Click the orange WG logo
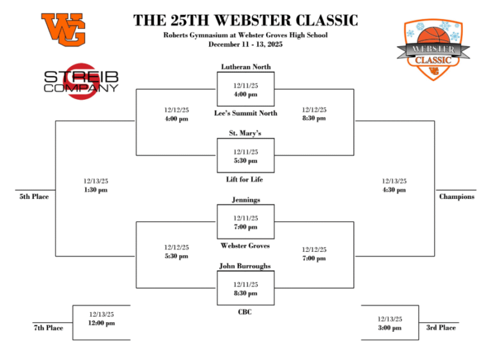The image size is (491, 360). [63, 29]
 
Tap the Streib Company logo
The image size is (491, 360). [81, 81]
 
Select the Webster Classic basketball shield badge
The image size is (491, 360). [433, 49]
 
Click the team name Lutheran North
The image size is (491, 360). [245, 67]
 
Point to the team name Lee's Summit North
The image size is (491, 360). [245, 113]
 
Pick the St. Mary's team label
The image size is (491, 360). [245, 133]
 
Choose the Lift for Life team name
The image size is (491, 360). [245, 180]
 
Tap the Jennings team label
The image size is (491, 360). [245, 200]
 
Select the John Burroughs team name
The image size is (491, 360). [245, 266]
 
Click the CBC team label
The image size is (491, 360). [245, 312]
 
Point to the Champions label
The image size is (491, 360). [456, 197]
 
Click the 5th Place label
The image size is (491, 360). [34, 197]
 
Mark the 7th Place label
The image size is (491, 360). [49, 328]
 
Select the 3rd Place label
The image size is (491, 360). [441, 328]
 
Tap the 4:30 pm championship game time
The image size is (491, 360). [394, 190]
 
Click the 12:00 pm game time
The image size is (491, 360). [102, 323]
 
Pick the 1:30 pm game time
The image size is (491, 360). [96, 190]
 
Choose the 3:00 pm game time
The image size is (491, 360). [390, 328]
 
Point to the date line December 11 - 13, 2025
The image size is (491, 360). [245, 45]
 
